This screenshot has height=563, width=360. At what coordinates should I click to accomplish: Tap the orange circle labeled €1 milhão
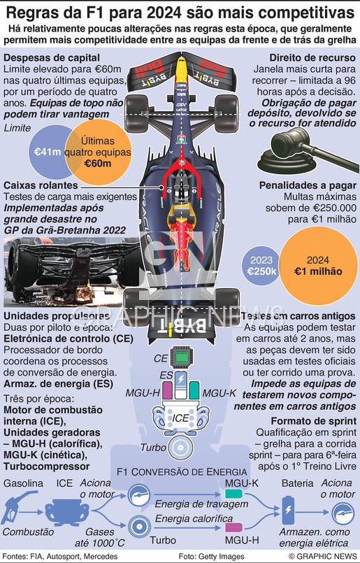click(318, 266)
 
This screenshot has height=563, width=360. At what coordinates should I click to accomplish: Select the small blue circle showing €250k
click(261, 266)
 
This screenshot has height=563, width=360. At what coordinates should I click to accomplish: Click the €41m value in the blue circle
click(48, 152)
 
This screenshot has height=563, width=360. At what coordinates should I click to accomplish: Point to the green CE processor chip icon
click(181, 357)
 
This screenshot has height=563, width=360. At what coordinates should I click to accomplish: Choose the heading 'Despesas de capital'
click(52, 58)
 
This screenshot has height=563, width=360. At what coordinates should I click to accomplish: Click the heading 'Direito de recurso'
click(312, 58)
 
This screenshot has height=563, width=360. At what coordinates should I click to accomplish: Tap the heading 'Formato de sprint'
click(313, 421)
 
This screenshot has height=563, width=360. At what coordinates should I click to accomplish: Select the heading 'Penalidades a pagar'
click(308, 185)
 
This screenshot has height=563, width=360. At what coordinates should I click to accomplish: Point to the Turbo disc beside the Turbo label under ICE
click(181, 448)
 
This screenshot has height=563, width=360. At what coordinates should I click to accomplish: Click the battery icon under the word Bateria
click(288, 511)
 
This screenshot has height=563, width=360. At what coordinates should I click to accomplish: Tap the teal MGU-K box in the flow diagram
click(233, 494)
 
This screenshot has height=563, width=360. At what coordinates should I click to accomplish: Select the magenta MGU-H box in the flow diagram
click(233, 527)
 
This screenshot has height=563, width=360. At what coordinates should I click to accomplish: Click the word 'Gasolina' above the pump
click(23, 483)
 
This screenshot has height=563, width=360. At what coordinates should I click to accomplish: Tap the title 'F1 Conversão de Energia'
click(182, 471)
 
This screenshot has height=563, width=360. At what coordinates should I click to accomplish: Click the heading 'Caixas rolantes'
click(41, 185)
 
